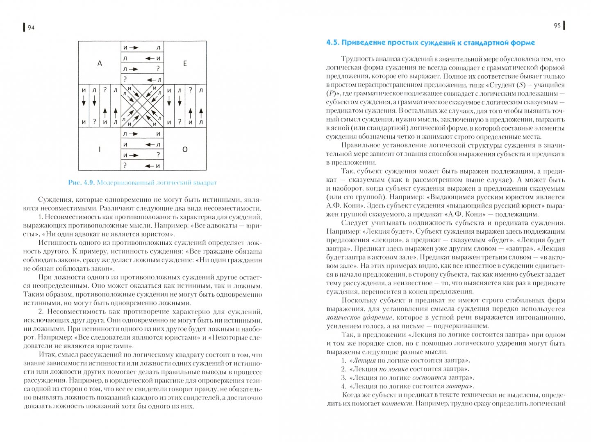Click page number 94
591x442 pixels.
click(31, 27)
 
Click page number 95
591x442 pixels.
click(557, 25)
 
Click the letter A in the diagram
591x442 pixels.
click(100, 63)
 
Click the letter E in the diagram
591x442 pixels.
click(185, 63)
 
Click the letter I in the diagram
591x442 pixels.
click(100, 149)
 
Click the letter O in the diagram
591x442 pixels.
click(185, 149)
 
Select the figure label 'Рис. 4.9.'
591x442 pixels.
click(81, 183)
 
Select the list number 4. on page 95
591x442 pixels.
click(344, 386)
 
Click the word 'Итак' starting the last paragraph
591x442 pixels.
click(46, 355)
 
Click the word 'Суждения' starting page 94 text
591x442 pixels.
click(53, 200)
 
